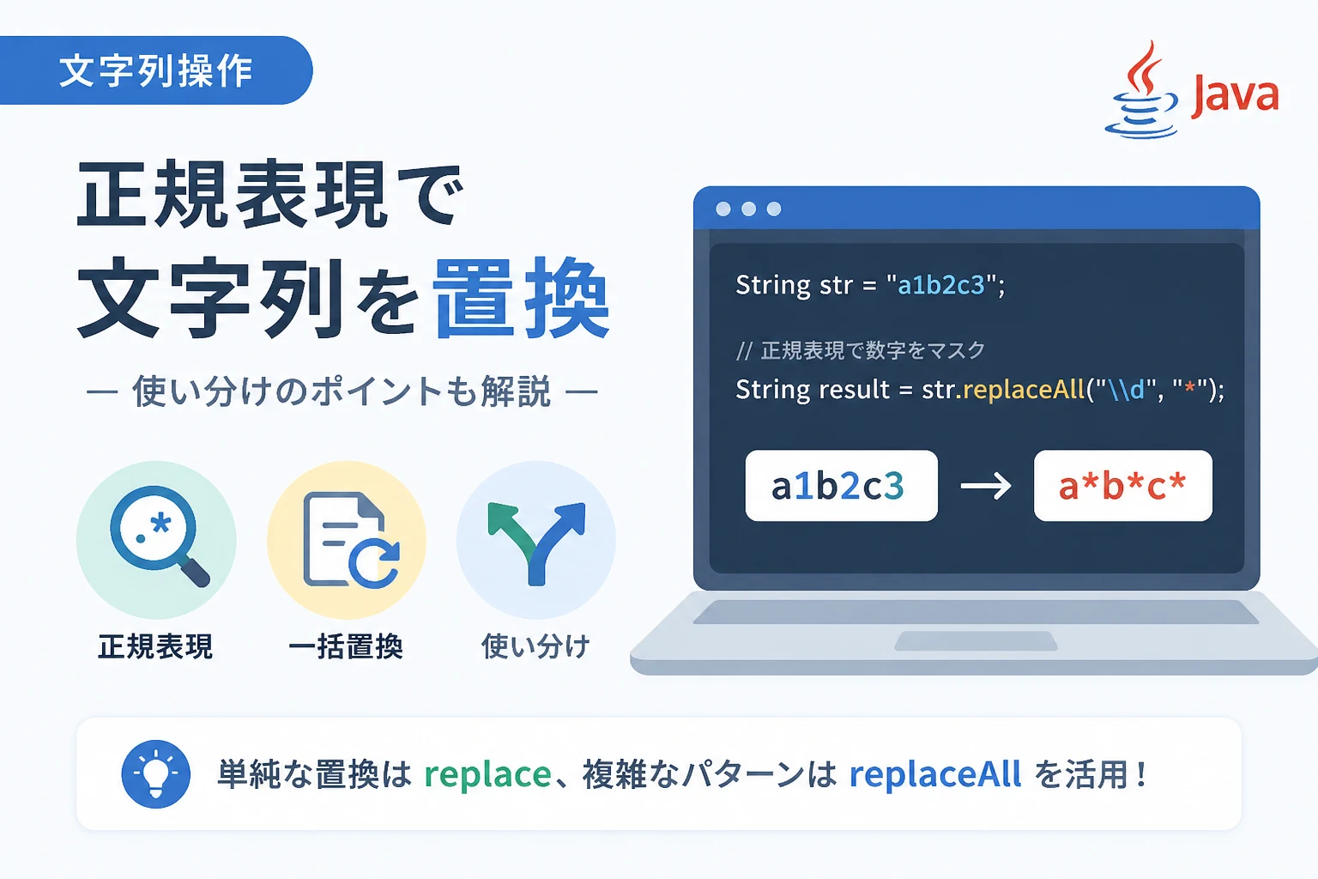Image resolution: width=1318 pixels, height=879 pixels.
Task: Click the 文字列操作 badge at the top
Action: pyautogui.click(x=156, y=70)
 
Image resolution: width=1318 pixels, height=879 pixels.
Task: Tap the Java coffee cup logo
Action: pyautogui.click(x=1142, y=90)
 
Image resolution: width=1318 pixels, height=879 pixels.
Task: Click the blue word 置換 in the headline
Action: pyautogui.click(x=522, y=299)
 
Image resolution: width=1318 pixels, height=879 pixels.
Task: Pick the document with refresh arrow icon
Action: pyautogui.click(x=351, y=540)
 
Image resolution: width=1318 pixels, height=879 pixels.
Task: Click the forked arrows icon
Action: pyautogui.click(x=536, y=543)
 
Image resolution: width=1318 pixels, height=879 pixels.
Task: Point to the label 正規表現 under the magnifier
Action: pyautogui.click(x=155, y=646)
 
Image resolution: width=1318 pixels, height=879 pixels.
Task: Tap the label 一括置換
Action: pyautogui.click(x=346, y=646)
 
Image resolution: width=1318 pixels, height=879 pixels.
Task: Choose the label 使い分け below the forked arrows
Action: pyautogui.click(x=535, y=646)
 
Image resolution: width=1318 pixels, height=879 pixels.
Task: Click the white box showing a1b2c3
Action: pyautogui.click(x=842, y=486)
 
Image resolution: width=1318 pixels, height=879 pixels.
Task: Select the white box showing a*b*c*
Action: pyautogui.click(x=1122, y=486)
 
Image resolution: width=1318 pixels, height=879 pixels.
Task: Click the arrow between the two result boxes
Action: pyautogui.click(x=986, y=487)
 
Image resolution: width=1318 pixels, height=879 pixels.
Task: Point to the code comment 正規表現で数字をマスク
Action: pyautogui.click(x=873, y=351)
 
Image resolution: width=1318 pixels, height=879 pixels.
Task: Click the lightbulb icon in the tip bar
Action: pyautogui.click(x=156, y=773)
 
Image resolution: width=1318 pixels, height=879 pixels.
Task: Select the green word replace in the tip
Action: pyautogui.click(x=487, y=775)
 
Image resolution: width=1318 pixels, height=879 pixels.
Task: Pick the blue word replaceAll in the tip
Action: pyautogui.click(x=935, y=773)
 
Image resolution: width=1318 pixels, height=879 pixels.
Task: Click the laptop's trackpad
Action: pyautogui.click(x=976, y=641)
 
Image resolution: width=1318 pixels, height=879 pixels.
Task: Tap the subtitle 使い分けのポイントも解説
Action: pyautogui.click(x=342, y=391)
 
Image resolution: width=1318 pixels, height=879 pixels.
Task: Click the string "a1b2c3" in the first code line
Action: pyautogui.click(x=940, y=286)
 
